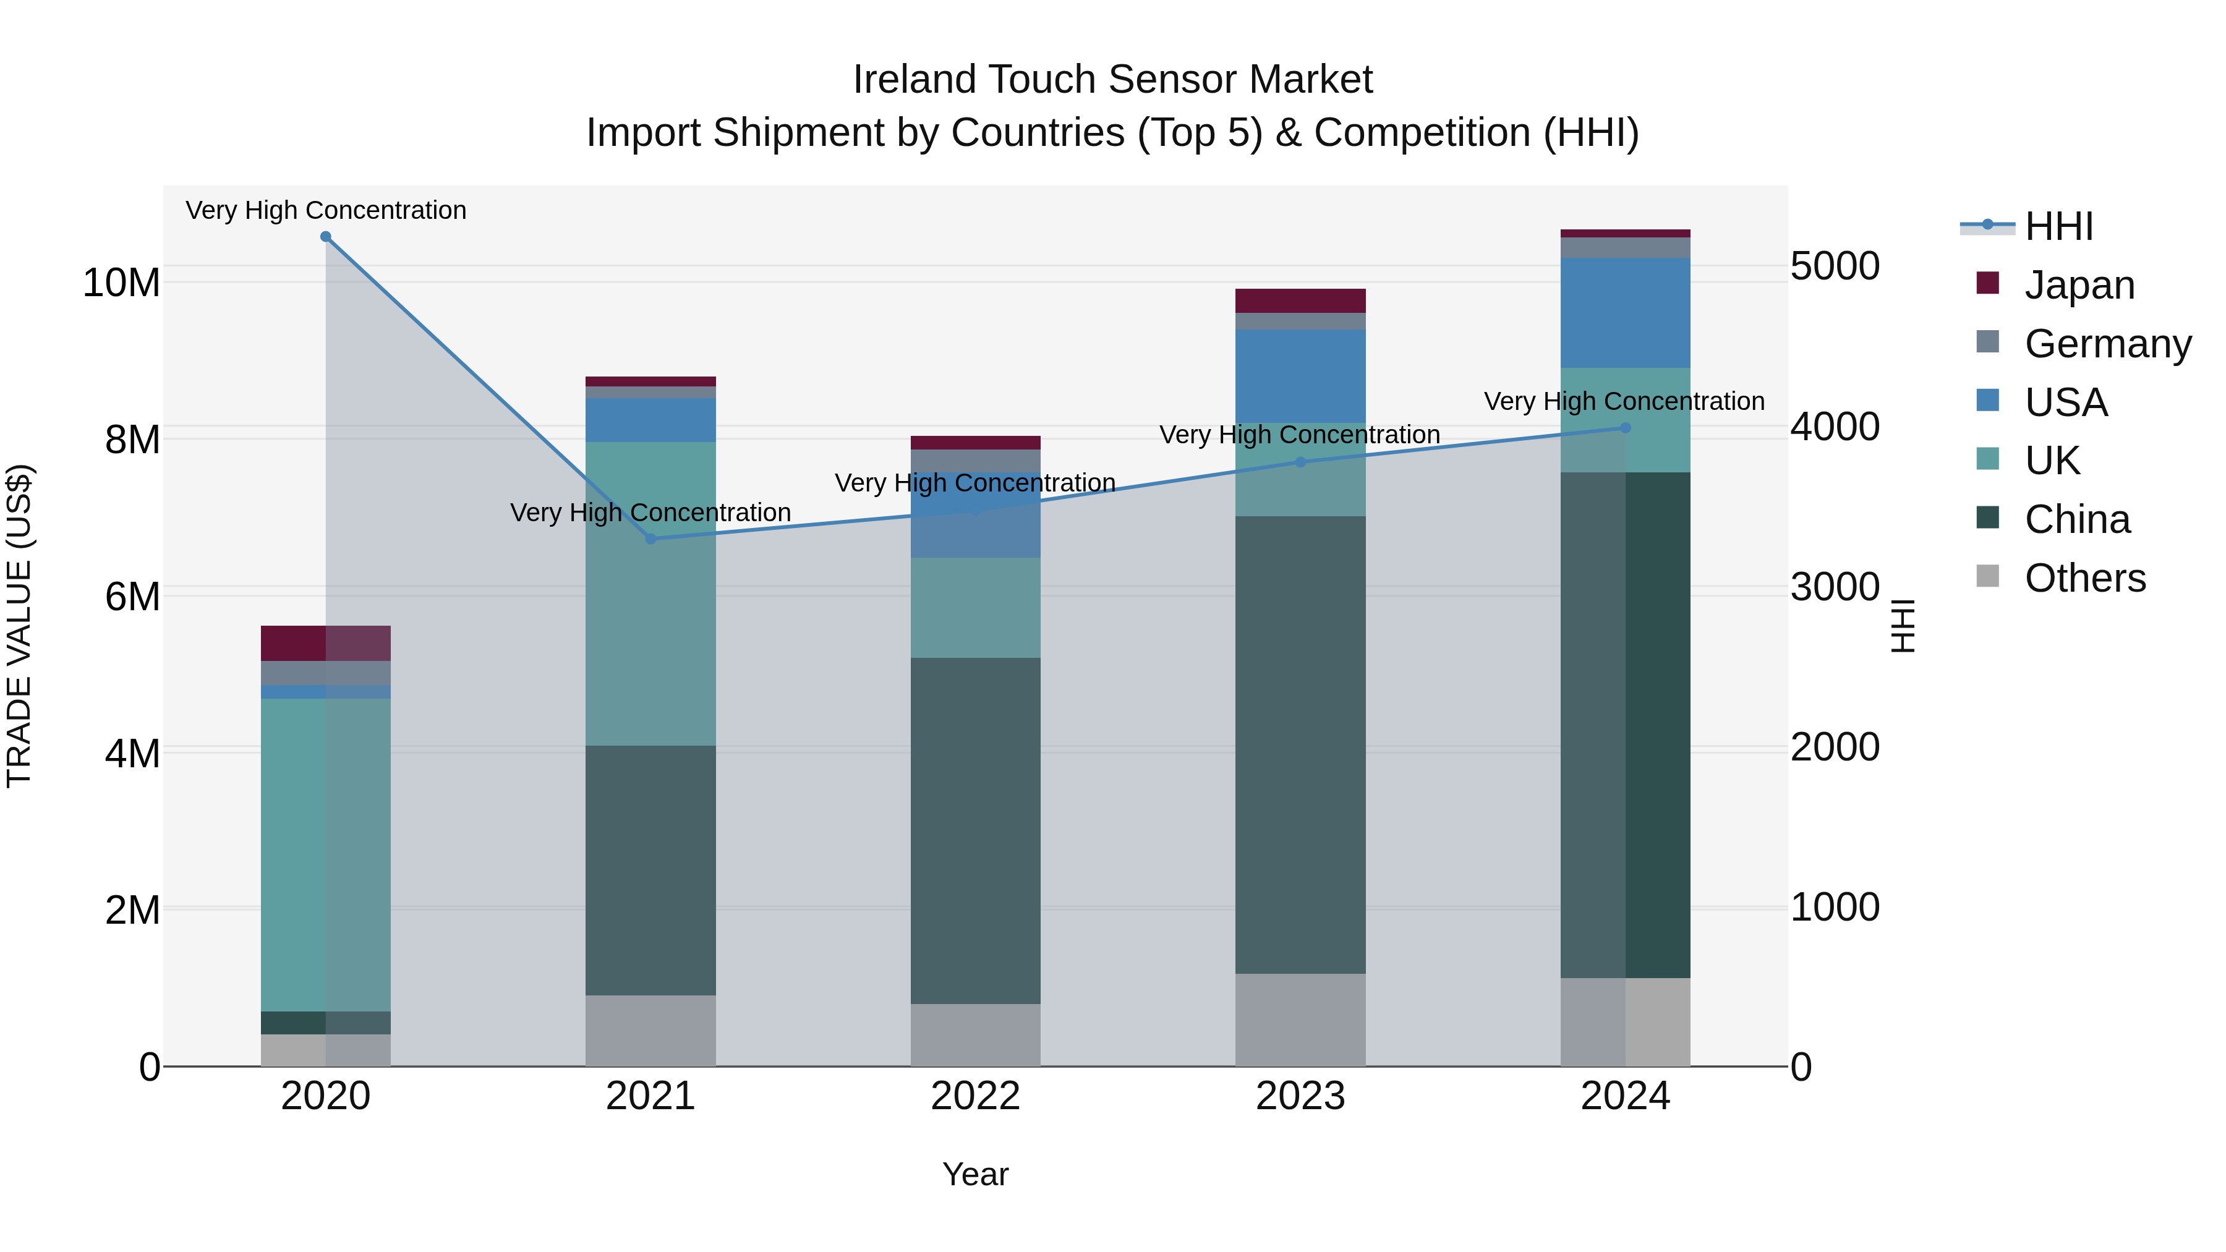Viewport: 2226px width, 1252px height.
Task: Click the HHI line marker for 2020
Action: tap(326, 237)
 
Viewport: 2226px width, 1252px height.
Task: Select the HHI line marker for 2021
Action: tap(650, 539)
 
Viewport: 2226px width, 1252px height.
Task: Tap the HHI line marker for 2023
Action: tap(1300, 462)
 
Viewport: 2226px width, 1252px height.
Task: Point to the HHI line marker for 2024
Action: tap(1626, 428)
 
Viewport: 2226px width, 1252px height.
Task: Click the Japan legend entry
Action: tap(2078, 285)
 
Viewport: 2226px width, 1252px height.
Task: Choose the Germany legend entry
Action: tap(2107, 344)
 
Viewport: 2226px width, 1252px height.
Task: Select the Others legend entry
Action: tap(2084, 578)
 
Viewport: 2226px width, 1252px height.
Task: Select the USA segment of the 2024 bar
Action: tap(1626, 313)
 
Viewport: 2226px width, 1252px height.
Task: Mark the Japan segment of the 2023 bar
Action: tap(1300, 300)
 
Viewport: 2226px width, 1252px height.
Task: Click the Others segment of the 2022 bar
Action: tap(976, 1034)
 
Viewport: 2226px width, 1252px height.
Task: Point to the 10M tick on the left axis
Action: tap(121, 283)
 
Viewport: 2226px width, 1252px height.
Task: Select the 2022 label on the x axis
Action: tap(976, 1096)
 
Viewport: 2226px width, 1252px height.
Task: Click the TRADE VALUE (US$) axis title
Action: tap(19, 626)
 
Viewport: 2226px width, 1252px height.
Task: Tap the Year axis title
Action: tap(976, 1174)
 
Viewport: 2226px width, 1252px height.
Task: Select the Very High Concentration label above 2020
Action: tap(326, 210)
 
